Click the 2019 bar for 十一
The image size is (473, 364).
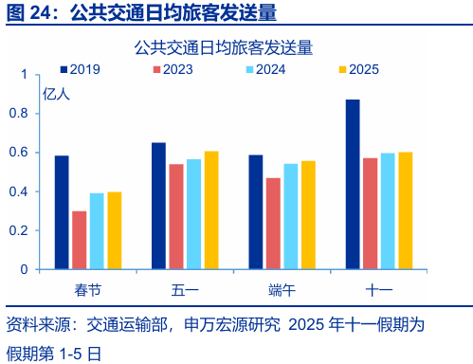pyautogui.click(x=353, y=184)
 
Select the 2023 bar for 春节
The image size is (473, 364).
pyautogui.click(x=80, y=240)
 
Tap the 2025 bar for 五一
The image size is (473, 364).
pyautogui.click(x=211, y=209)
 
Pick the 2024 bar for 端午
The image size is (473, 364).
pyautogui.click(x=291, y=216)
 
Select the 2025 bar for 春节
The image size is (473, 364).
pyautogui.click(x=115, y=230)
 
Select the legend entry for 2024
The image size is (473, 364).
pyautogui.click(x=269, y=69)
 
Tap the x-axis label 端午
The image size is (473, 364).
pyautogui.click(x=282, y=287)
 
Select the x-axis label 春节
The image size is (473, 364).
pyautogui.click(x=88, y=287)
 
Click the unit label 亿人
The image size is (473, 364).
pyautogui.click(x=56, y=93)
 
